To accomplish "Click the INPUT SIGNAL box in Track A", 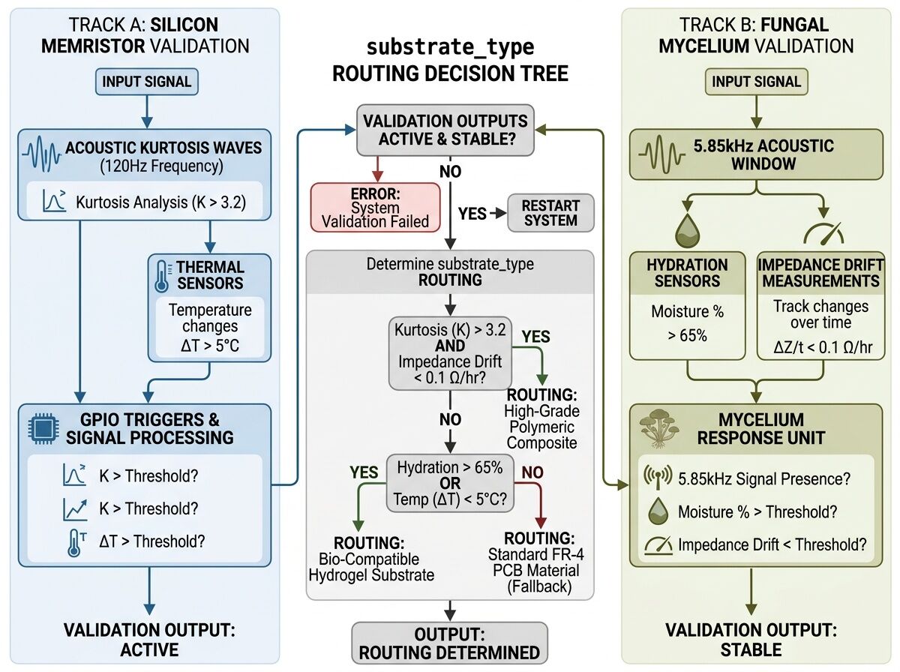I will [147, 82].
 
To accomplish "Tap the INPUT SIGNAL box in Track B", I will [756, 82].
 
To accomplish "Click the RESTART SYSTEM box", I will [551, 212].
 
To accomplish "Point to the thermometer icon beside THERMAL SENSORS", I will [161, 275].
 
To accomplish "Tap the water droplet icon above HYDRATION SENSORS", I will [686, 230].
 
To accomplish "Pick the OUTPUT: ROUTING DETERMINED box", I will [449, 642].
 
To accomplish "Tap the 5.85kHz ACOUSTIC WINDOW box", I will [756, 154].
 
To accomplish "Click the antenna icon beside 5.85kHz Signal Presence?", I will [657, 475].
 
